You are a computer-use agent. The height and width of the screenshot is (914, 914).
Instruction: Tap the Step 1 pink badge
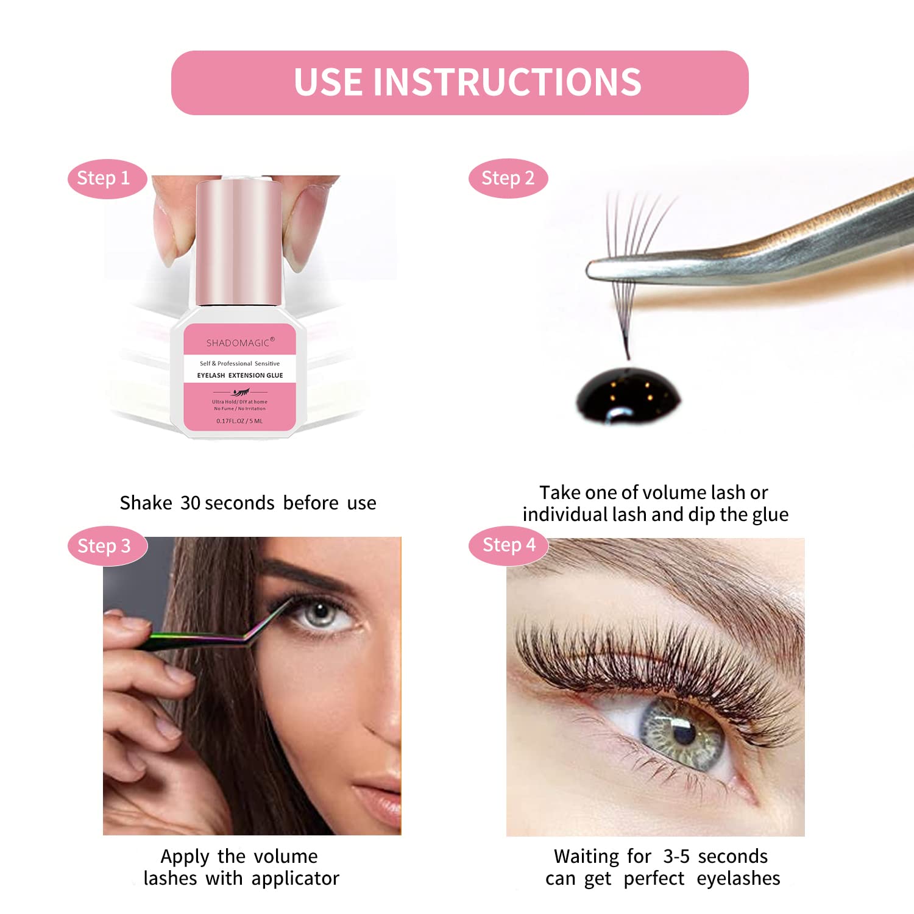click(x=104, y=179)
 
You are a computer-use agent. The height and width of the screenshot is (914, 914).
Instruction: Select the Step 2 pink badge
click(x=508, y=179)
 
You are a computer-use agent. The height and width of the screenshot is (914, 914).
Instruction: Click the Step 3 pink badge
click(x=105, y=546)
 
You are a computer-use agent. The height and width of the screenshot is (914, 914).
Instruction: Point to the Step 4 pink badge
click(x=509, y=545)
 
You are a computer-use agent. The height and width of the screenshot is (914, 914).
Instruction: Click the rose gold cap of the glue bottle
click(x=239, y=244)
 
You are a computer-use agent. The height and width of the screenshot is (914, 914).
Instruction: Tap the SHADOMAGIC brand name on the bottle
click(x=239, y=342)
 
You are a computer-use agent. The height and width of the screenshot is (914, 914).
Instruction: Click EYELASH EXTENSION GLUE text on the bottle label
click(x=240, y=375)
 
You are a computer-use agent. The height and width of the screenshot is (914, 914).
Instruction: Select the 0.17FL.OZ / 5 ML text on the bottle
click(x=239, y=421)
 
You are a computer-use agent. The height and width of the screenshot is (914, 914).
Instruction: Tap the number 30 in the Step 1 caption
click(x=191, y=503)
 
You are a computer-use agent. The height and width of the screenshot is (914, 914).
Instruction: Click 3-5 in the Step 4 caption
click(x=676, y=857)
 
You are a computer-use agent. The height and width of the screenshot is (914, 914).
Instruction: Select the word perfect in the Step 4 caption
click(x=654, y=879)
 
